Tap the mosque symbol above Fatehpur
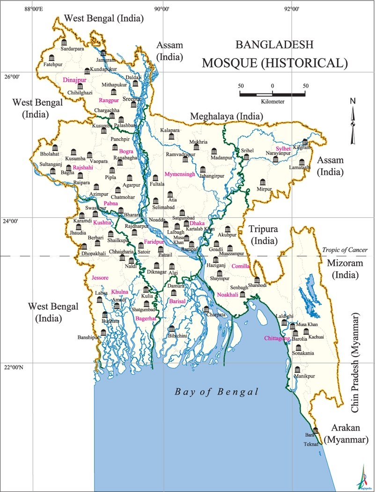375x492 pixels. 52,58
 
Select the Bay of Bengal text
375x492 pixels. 216,392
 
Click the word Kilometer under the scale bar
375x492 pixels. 272,101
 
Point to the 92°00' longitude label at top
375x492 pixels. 291,8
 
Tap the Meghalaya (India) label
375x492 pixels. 226,116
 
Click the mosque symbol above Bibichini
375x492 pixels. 172,329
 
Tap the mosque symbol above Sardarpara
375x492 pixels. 64,43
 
